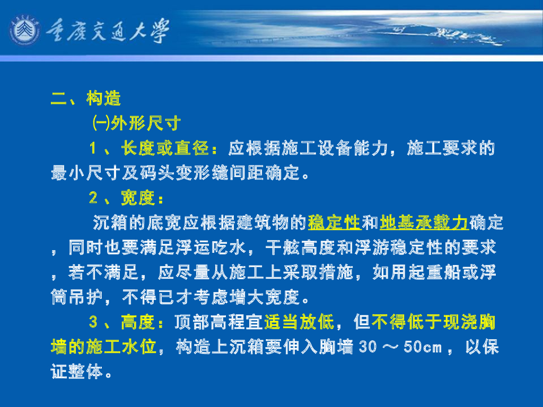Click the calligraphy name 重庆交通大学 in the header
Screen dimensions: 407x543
[108, 31]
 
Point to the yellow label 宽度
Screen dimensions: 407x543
[137, 198]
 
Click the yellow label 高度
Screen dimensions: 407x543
[137, 322]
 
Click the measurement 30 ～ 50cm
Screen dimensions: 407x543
[400, 347]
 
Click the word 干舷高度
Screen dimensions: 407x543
[300, 247]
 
